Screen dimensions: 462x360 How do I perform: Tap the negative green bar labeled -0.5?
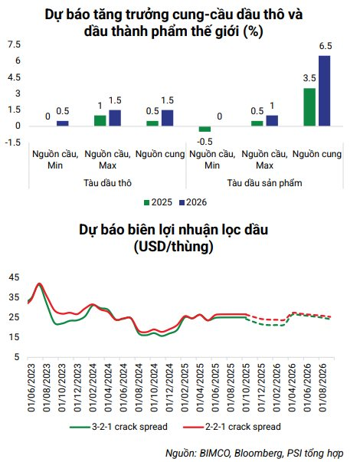tap(205, 129)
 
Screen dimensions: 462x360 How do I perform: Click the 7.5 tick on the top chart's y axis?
tap(14, 44)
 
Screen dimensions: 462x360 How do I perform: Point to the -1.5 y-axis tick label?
tap(12, 143)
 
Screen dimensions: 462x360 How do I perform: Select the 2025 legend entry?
tap(156, 202)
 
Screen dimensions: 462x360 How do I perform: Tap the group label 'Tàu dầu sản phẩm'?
tap(264, 184)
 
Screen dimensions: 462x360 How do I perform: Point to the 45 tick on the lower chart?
tap(15, 277)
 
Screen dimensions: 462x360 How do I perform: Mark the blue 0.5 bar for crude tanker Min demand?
tap(63, 123)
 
